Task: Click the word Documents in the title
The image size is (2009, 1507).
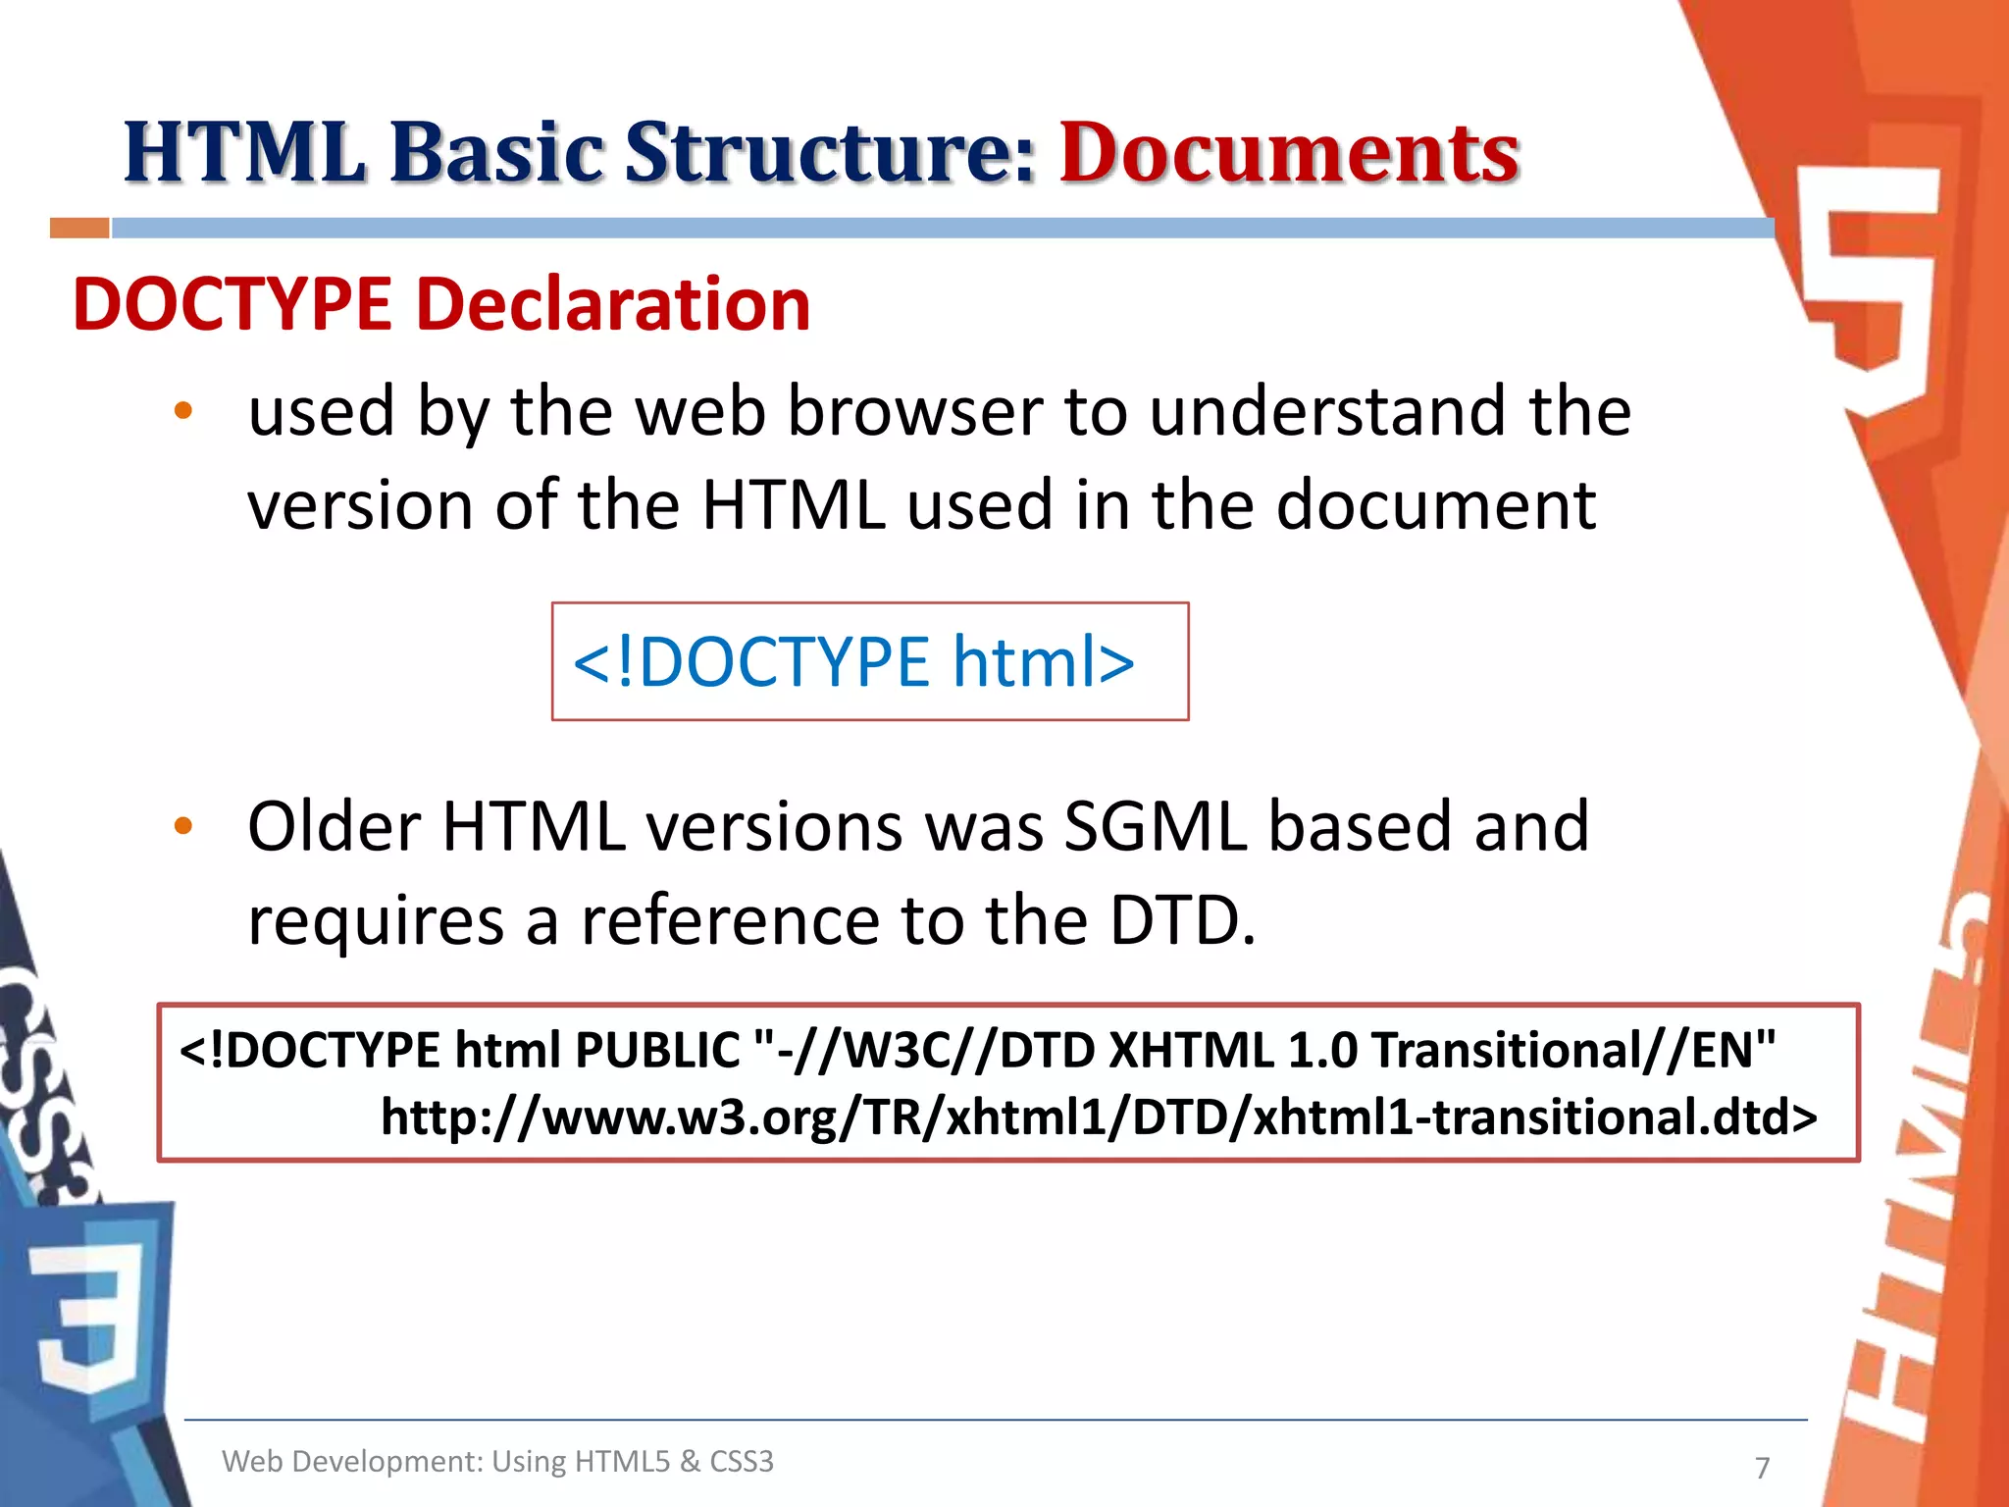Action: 1288,154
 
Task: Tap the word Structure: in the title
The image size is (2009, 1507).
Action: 830,154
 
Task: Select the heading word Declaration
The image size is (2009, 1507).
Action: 613,304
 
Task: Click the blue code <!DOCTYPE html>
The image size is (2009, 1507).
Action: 853,661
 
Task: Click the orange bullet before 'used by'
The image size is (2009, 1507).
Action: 183,411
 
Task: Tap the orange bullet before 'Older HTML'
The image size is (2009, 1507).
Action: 183,826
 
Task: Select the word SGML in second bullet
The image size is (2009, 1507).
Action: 1155,826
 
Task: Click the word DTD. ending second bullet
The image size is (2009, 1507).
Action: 1182,920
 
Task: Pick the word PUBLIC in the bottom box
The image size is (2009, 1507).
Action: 656,1050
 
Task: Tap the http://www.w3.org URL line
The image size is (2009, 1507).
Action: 1099,1117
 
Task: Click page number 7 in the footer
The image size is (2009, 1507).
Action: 1762,1468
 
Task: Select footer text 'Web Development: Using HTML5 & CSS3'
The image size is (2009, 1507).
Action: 497,1462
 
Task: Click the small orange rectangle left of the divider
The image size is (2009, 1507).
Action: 79,229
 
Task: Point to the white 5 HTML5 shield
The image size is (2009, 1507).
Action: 1869,285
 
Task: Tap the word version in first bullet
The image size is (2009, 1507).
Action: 360,505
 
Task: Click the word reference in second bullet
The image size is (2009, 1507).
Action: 730,920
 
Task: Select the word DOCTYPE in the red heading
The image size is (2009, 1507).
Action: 232,304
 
